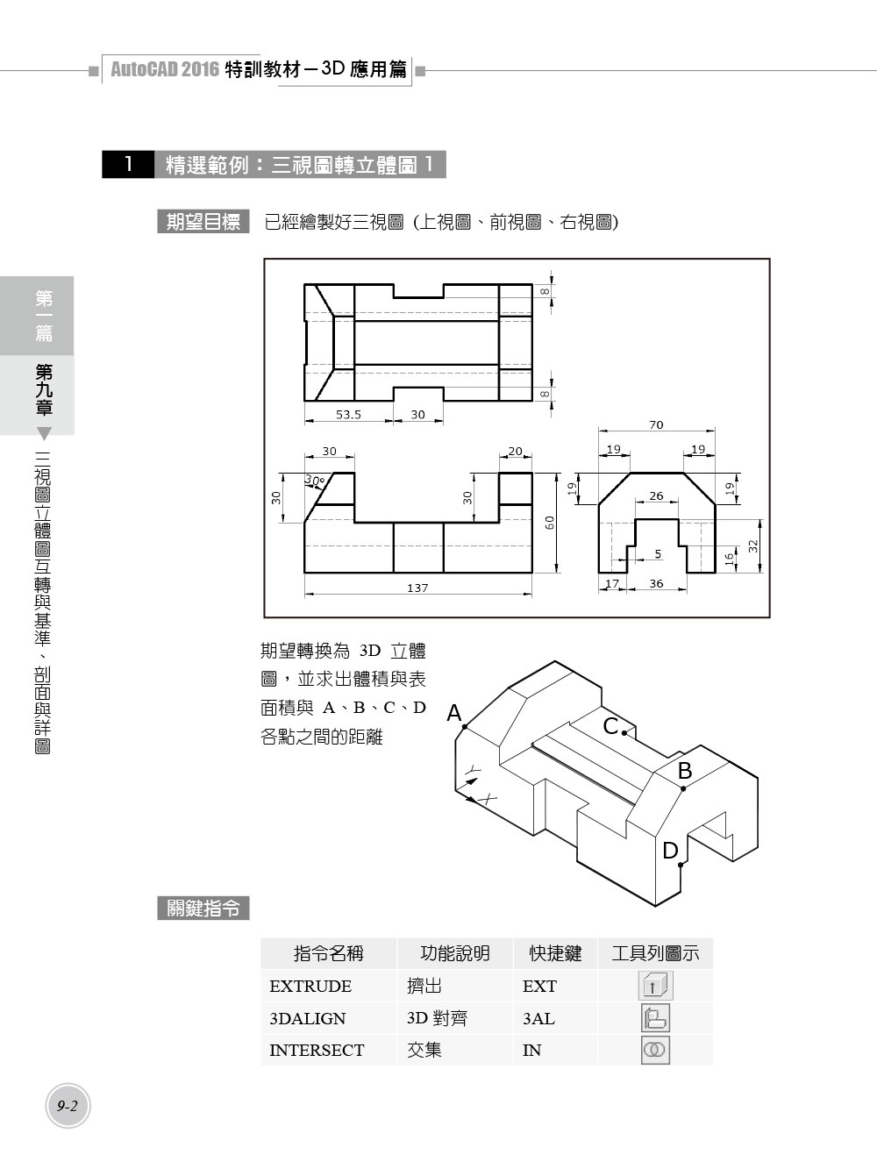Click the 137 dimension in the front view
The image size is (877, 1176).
pos(417,588)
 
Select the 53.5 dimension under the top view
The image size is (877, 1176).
pos(348,415)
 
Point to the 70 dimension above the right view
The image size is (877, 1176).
pos(656,424)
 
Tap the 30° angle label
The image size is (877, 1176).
pos(315,480)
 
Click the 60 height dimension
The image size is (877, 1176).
pos(550,523)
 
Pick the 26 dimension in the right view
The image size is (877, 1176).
pos(656,496)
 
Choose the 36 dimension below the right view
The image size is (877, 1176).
pos(656,583)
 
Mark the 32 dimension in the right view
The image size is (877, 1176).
pos(753,546)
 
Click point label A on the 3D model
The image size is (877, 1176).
pos(454,713)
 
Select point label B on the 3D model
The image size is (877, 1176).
pos(685,771)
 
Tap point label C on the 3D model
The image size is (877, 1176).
pos(610,726)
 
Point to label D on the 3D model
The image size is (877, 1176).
pos(671,851)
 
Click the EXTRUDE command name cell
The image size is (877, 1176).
pos(310,987)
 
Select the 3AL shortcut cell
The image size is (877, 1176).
pos(539,1018)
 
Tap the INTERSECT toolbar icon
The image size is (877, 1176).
pos(655,1050)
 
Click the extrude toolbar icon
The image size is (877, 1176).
pos(655,986)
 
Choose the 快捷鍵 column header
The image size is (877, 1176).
pos(555,953)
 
